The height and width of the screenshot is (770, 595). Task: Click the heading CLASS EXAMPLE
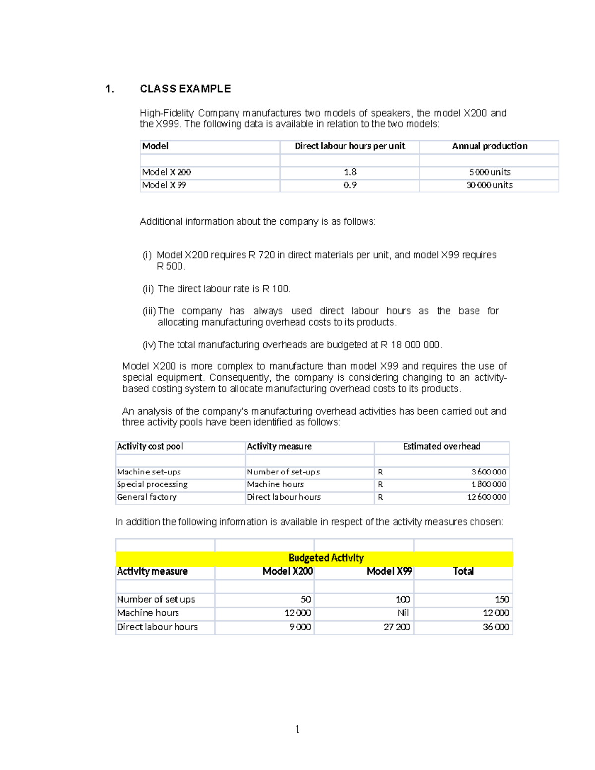[x=185, y=89]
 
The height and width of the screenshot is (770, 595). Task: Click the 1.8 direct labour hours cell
[x=350, y=172]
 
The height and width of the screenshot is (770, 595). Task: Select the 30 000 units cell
[x=489, y=185]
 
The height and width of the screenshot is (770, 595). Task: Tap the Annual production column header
[x=489, y=146]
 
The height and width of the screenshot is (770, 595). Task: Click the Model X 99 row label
[x=164, y=185]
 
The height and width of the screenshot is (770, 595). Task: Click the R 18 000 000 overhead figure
[x=410, y=345]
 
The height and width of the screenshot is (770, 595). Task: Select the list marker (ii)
[x=148, y=289]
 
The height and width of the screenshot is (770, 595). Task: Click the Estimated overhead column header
[x=441, y=447]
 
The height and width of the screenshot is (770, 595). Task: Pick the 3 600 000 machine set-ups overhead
[x=488, y=472]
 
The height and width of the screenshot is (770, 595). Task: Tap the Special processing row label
[x=152, y=484]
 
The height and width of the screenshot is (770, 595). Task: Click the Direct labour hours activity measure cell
[x=284, y=497]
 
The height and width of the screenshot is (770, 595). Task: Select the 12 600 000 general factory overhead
[x=486, y=497]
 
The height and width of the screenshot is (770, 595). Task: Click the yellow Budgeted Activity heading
[x=326, y=558]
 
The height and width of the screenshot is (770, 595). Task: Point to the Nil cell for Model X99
[x=403, y=613]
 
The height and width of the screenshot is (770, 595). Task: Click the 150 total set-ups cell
[x=502, y=600]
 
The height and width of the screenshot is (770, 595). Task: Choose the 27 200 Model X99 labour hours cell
[x=396, y=627]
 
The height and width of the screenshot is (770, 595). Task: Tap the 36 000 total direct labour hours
[x=496, y=627]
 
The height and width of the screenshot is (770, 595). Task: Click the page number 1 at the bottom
[x=297, y=729]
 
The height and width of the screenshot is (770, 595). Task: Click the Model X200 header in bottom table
[x=288, y=572]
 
